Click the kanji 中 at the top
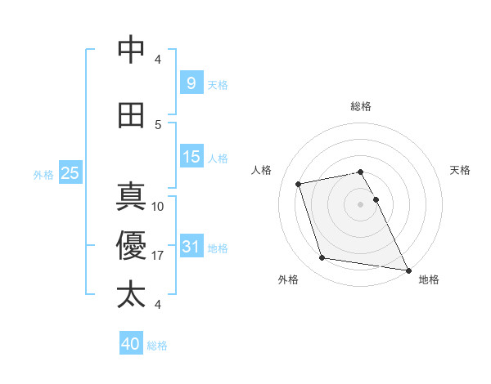(131, 50)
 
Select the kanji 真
(131, 199)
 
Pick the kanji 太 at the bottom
(131, 294)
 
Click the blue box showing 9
(191, 83)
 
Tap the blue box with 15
(191, 157)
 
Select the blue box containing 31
(191, 247)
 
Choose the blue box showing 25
(70, 173)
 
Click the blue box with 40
(131, 344)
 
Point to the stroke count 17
(158, 256)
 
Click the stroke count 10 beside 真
(158, 207)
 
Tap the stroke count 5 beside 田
(158, 124)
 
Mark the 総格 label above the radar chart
(361, 106)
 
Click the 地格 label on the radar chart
(429, 280)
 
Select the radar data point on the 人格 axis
(299, 184)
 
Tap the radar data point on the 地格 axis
(407, 269)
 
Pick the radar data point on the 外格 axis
(322, 258)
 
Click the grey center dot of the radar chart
(361, 203)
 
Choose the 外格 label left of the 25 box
(43, 174)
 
